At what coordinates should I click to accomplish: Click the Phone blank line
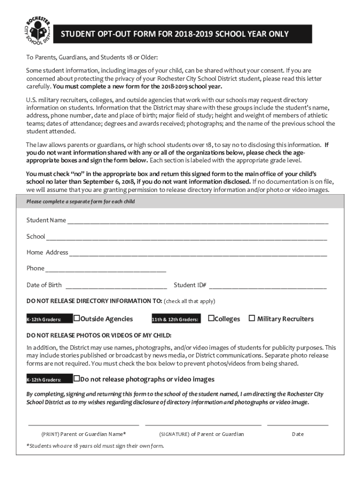click(x=106, y=270)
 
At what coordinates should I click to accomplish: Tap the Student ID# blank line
click(x=270, y=286)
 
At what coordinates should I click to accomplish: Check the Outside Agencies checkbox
click(x=77, y=319)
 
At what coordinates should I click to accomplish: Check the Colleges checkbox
click(x=211, y=319)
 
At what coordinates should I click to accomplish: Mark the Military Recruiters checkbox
click(x=252, y=319)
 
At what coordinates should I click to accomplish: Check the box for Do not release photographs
click(x=77, y=379)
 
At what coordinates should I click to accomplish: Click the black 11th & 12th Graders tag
click(x=175, y=319)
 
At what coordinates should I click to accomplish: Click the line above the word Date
click(x=297, y=425)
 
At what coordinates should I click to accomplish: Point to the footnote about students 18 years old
click(x=95, y=446)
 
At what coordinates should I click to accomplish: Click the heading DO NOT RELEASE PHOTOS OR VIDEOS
click(x=99, y=336)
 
